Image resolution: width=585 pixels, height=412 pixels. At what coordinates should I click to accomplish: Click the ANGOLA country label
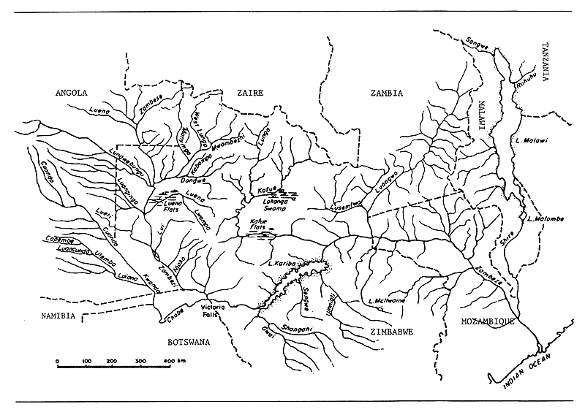[72, 93]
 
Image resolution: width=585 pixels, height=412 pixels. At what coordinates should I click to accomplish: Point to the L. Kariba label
[282, 263]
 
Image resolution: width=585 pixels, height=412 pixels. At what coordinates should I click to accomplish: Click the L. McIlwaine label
[389, 299]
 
